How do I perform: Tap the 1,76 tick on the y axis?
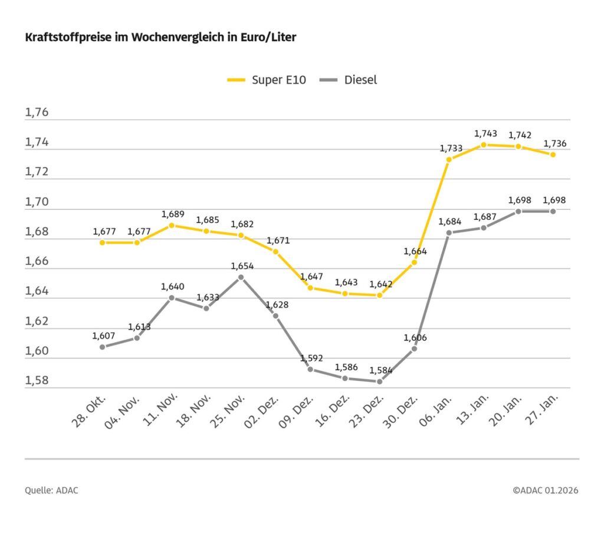click(37, 113)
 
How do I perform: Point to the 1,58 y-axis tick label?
click(37, 380)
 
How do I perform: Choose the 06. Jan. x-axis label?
click(435, 412)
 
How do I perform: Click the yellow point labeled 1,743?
click(484, 144)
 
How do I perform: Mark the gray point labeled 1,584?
click(379, 381)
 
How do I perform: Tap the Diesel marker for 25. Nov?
click(241, 277)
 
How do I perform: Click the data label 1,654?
click(242, 266)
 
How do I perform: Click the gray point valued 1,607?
click(102, 347)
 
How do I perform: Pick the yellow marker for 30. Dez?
click(414, 262)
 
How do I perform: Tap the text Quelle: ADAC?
click(51, 491)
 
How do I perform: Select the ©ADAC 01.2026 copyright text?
click(545, 491)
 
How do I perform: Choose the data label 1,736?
click(554, 144)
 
